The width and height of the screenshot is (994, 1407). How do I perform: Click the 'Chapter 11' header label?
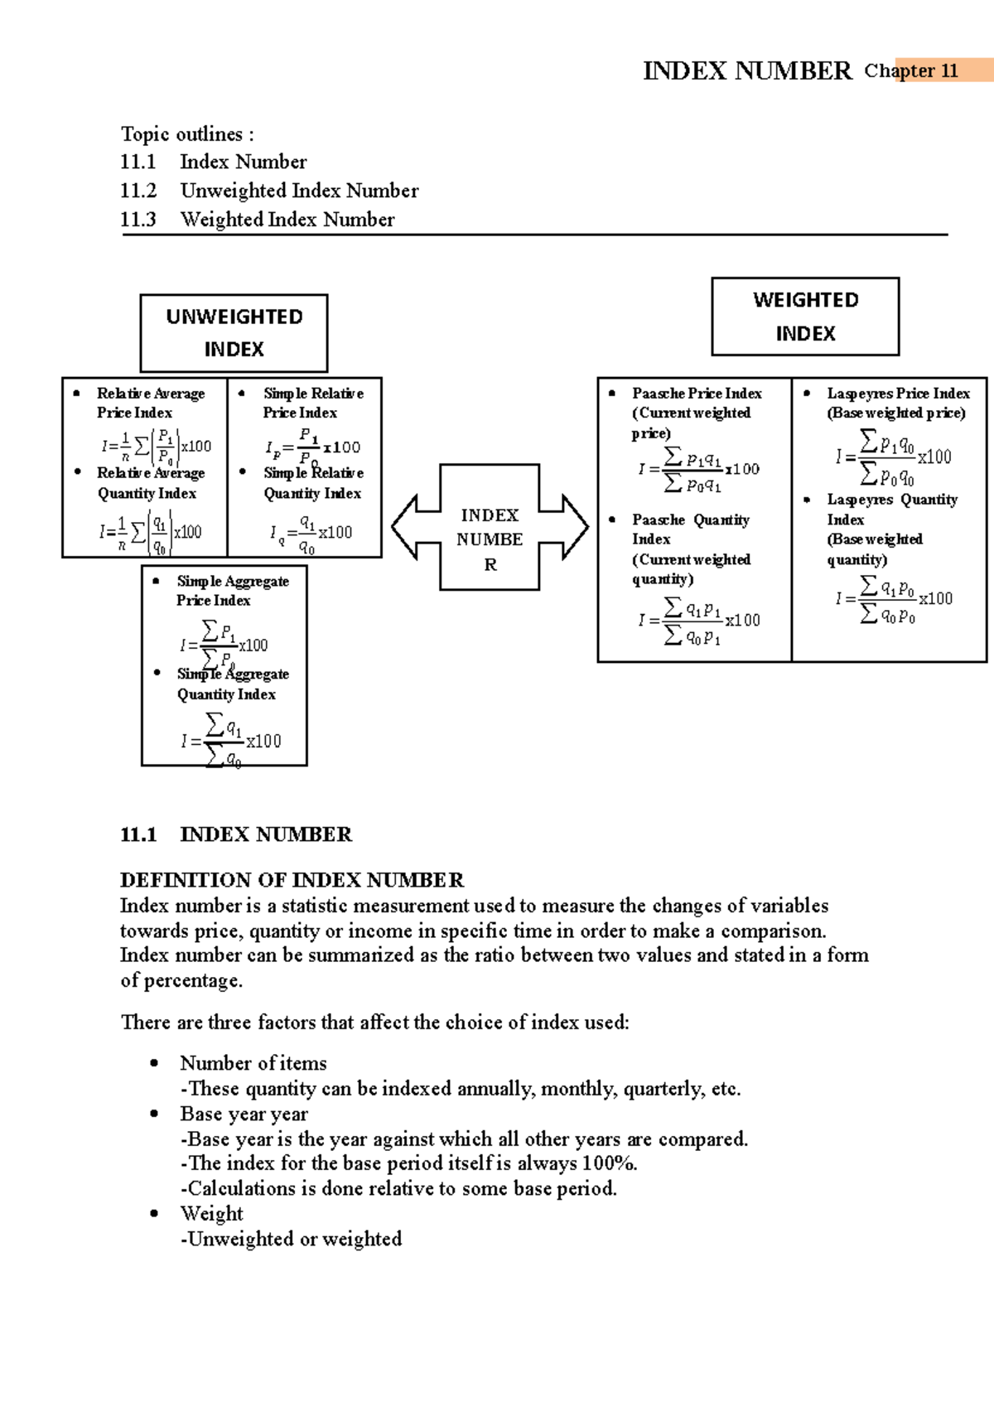911,71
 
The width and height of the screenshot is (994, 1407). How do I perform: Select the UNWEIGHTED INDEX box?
234,333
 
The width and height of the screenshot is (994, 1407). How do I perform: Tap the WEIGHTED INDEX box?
805,317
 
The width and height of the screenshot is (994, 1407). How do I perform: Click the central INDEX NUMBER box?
490,539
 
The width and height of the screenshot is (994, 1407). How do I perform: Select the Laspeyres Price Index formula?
893,457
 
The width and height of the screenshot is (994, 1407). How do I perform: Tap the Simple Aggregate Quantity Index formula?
231,741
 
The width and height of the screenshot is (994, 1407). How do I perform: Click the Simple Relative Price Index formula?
312,447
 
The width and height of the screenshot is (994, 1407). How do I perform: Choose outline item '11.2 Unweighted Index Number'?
269,191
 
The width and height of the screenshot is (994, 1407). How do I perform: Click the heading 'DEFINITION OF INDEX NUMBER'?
292,880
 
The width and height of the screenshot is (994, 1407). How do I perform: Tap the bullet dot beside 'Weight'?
154,1213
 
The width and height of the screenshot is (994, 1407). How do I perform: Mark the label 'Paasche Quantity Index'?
690,529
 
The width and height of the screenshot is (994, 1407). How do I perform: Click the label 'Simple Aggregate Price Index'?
232,591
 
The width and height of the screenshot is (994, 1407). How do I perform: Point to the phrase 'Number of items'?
253,1063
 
